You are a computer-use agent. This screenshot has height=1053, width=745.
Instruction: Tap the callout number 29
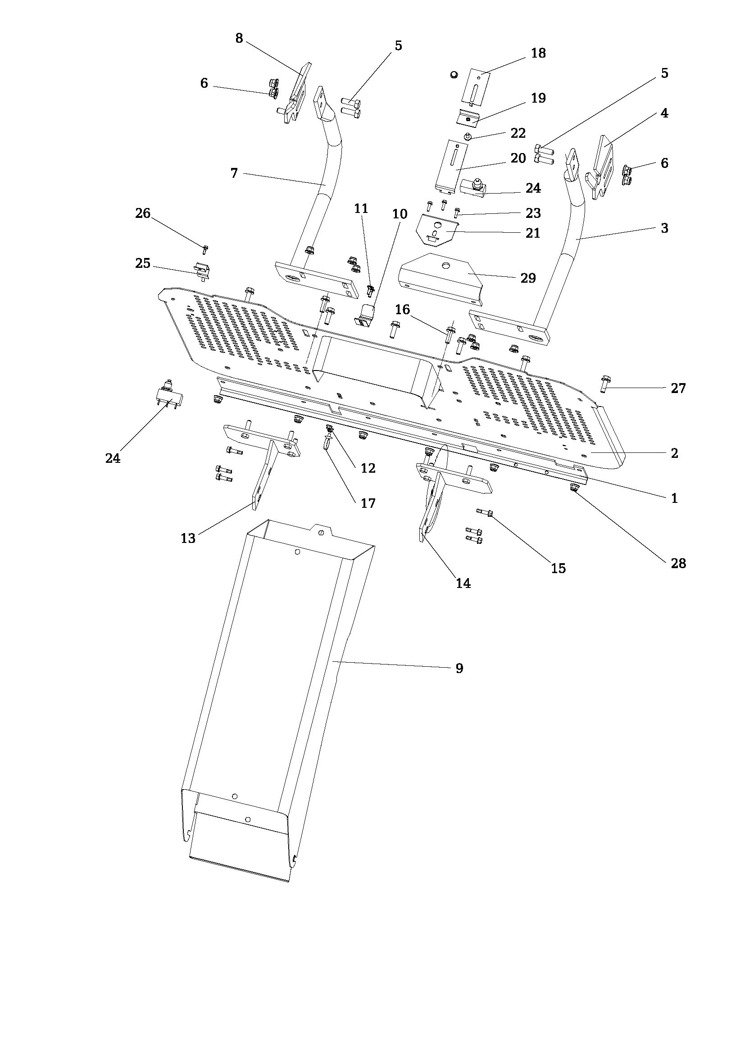[x=528, y=278]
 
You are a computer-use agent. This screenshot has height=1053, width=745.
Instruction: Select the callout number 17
[x=368, y=504]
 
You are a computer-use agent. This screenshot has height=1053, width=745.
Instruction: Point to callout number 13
[x=188, y=538]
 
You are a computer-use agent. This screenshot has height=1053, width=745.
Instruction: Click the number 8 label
[x=239, y=39]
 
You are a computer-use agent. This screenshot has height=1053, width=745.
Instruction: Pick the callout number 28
[x=678, y=563]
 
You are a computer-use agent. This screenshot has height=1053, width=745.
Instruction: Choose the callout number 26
[x=143, y=213]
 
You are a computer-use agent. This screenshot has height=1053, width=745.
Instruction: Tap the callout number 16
[x=402, y=310]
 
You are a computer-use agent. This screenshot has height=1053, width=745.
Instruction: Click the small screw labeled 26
[x=205, y=249]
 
